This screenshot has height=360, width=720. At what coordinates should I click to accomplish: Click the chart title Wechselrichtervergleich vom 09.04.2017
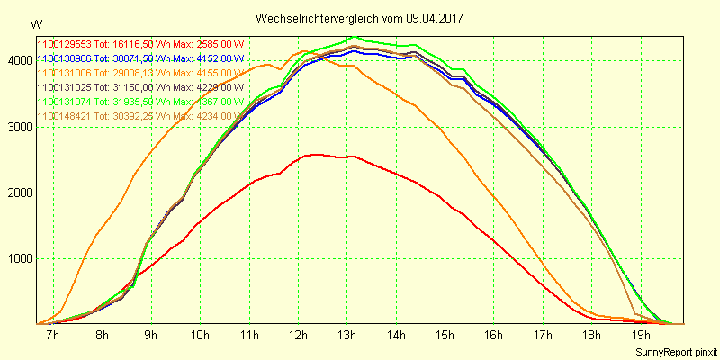(360, 18)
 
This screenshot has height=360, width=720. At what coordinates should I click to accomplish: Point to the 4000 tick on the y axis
(19, 60)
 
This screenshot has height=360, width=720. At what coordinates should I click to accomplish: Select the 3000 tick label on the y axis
(19, 127)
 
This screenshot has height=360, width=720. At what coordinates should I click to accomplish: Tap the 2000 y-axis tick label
(19, 193)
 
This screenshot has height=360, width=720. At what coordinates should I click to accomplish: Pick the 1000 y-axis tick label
(19, 258)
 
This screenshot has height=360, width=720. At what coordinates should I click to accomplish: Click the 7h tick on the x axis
(53, 335)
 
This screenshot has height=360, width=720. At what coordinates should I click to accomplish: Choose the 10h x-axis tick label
(200, 335)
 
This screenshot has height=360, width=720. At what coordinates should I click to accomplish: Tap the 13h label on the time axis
(347, 335)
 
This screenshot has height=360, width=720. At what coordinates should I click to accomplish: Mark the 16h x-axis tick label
(494, 335)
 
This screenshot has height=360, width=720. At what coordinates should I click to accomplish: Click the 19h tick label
(641, 335)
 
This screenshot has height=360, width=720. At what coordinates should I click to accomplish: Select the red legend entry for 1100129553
(140, 44)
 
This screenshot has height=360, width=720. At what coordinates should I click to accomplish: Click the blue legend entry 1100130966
(140, 58)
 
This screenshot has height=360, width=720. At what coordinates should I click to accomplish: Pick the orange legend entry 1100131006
(140, 73)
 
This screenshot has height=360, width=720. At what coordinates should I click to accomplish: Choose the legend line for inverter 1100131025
(140, 87)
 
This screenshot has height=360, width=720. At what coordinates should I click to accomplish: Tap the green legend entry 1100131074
(140, 102)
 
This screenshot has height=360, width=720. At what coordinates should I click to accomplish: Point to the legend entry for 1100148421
(140, 116)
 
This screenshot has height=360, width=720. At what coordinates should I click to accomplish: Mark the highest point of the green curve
(353, 37)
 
